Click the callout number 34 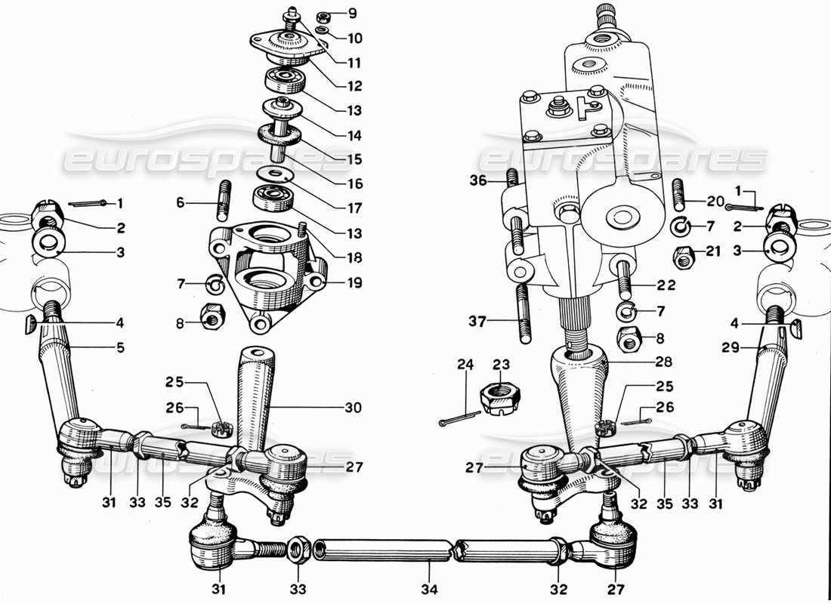(431, 589)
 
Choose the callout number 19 (354, 283)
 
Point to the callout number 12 (354, 85)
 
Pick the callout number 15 (354, 159)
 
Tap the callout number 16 (354, 183)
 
